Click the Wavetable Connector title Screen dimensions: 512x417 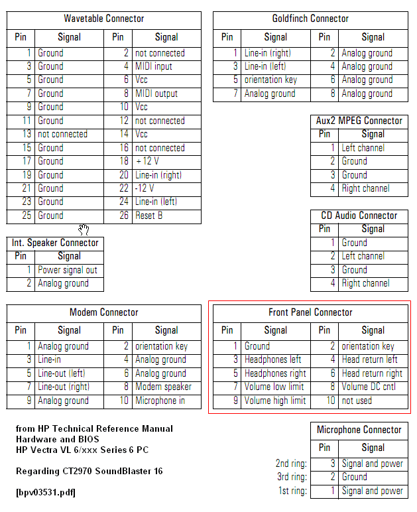(104, 19)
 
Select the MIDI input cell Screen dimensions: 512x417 (154, 66)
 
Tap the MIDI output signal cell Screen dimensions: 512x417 (156, 94)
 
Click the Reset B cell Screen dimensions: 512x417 (149, 216)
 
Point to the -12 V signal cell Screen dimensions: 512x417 (145, 188)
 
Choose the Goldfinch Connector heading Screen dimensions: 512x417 (310, 19)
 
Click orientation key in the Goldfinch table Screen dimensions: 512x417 (270, 80)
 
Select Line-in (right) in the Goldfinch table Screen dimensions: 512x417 (267, 53)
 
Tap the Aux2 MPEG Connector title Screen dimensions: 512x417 (359, 121)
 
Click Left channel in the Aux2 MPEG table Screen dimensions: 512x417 (363, 148)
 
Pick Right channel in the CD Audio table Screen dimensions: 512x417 (365, 283)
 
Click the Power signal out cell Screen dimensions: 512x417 (68, 270)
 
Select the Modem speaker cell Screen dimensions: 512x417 (163, 387)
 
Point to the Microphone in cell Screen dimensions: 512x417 (160, 401)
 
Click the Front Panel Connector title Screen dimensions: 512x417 (310, 312)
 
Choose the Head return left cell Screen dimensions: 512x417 (370, 359)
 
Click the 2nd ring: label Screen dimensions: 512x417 (291, 464)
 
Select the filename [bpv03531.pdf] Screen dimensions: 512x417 (46, 493)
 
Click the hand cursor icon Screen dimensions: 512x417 (84, 229)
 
